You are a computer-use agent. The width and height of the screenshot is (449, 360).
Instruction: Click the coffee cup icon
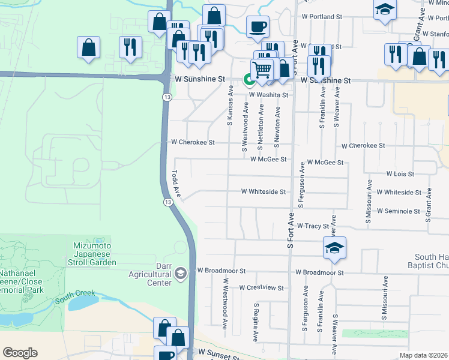point(258,26)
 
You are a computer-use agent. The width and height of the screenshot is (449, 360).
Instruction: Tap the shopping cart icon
point(262,70)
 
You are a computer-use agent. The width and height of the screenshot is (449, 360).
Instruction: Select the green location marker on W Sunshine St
point(247,79)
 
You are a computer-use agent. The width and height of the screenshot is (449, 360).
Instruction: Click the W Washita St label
point(268,95)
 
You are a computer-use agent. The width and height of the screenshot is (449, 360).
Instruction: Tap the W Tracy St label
point(313,226)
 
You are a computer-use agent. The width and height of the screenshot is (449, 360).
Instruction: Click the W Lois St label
point(400,174)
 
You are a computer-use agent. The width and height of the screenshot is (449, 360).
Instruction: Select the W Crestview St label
point(261,288)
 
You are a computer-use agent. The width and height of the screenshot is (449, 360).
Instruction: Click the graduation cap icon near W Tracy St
point(334,247)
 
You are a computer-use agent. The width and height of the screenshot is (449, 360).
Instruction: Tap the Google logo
point(20,353)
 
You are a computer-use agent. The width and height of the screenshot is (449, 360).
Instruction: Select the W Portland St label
point(322,17)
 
